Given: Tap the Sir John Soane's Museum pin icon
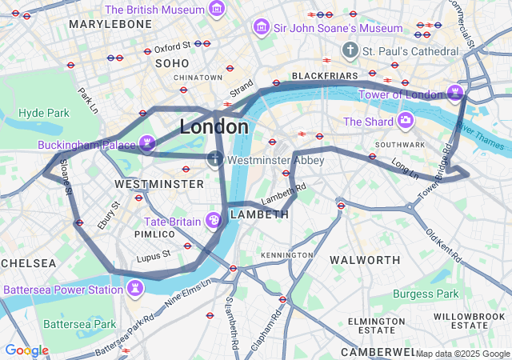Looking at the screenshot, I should tap(261, 28).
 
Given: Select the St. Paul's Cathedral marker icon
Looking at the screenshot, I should tap(350, 51).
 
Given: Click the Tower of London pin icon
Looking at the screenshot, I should tap(456, 94).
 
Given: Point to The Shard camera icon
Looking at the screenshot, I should tap(406, 122).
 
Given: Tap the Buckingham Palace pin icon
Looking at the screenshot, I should tap(146, 144).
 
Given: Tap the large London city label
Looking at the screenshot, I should tap(214, 127).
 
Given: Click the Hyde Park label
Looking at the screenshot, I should tap(44, 113).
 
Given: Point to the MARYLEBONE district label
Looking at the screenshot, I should tap(110, 25).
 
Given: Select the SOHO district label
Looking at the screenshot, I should tap(172, 62).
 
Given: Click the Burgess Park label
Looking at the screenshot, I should tap(432, 294).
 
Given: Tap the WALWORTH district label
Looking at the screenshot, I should tap(365, 260).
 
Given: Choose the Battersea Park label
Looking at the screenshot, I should tap(79, 324).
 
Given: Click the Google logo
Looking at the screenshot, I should tap(26, 350).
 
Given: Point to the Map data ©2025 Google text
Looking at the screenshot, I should tap(462, 354).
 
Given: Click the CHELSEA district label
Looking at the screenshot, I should tap(29, 263).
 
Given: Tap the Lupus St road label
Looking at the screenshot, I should tap(154, 255).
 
